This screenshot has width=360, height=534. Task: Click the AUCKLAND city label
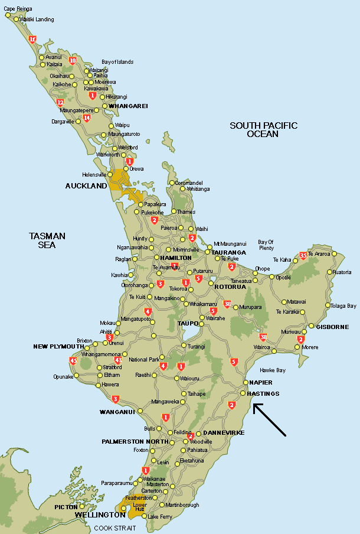click(x=86, y=185)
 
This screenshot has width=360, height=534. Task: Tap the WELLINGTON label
click(x=100, y=515)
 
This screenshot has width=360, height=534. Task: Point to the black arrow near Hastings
click(x=270, y=420)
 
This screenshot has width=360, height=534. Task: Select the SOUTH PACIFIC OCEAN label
click(x=264, y=129)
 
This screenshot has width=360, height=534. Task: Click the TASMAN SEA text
click(x=47, y=240)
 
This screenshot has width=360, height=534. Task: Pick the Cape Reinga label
click(x=19, y=9)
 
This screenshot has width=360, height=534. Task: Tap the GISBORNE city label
click(x=333, y=327)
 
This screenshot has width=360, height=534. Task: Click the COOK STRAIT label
click(x=119, y=528)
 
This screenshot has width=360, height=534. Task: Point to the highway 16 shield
click(x=32, y=40)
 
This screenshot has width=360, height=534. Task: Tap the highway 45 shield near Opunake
click(x=73, y=360)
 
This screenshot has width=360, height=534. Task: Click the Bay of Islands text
click(x=117, y=62)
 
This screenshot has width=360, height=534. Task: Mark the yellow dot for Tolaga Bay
click(x=328, y=306)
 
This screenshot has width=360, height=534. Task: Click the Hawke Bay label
click(x=273, y=370)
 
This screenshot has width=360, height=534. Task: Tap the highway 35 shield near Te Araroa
click(x=303, y=256)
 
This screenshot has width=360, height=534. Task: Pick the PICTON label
click(x=66, y=507)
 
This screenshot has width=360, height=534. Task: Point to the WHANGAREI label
click(x=128, y=106)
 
